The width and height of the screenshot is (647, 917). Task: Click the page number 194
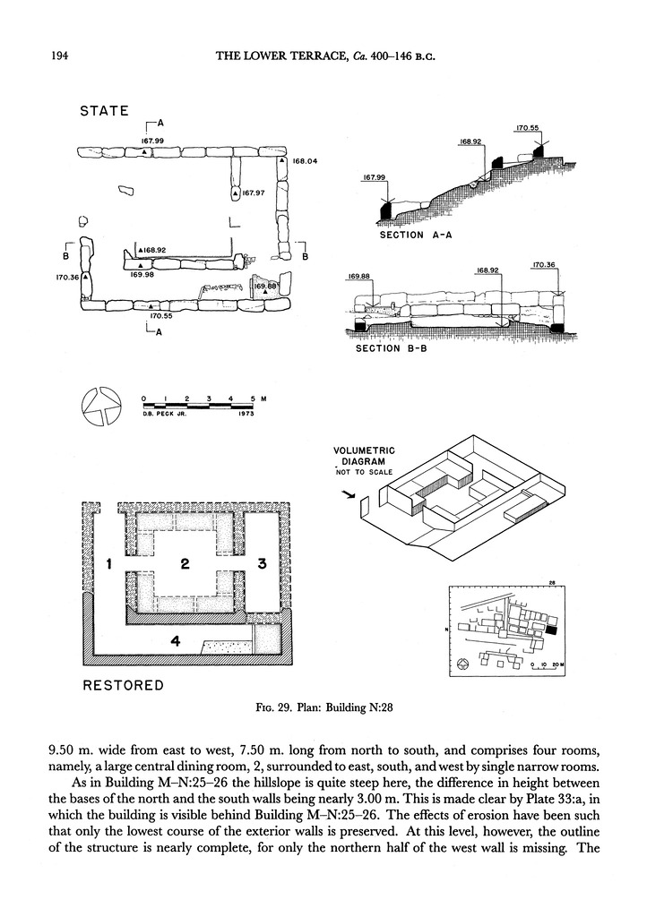click(60, 56)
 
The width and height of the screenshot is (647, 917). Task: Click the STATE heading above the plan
click(104, 111)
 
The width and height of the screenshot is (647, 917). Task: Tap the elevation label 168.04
click(304, 161)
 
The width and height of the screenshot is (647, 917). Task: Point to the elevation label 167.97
click(254, 193)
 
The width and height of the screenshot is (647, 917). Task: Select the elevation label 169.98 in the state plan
click(142, 274)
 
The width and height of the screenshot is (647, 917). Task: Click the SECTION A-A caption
click(416, 236)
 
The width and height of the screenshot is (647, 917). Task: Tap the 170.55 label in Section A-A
click(528, 127)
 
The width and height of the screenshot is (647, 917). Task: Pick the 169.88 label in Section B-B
click(359, 276)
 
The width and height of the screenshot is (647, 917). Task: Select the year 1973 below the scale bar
click(246, 414)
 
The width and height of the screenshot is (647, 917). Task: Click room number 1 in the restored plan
click(108, 564)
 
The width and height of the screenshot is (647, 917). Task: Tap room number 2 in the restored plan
click(185, 564)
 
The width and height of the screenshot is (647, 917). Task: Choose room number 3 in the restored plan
click(262, 564)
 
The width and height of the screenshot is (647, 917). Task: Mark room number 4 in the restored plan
click(175, 641)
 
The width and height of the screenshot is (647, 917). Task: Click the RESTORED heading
click(124, 685)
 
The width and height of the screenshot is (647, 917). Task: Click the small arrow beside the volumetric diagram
click(349, 495)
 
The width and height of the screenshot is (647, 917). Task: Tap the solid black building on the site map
click(553, 630)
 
